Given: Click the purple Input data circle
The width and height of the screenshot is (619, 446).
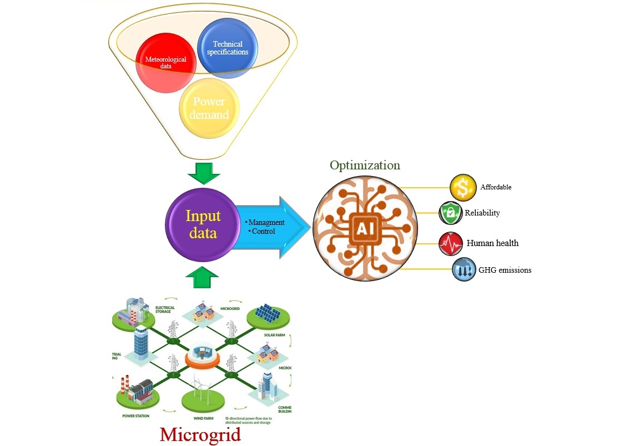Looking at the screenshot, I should click(203, 224).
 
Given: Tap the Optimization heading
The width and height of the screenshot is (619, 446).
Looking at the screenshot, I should click(365, 166).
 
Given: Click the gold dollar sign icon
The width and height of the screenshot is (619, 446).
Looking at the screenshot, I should click(462, 187).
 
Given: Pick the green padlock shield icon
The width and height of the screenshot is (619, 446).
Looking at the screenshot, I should click(450, 213).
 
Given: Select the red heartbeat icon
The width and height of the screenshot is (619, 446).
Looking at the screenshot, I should click(450, 243).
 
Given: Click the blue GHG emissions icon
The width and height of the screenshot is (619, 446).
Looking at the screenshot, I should click(464, 270).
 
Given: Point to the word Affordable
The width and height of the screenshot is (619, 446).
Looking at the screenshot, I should click(496, 188).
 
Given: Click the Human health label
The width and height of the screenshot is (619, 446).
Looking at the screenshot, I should click(492, 243).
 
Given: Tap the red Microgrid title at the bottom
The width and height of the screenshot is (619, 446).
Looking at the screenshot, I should click(200, 434).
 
